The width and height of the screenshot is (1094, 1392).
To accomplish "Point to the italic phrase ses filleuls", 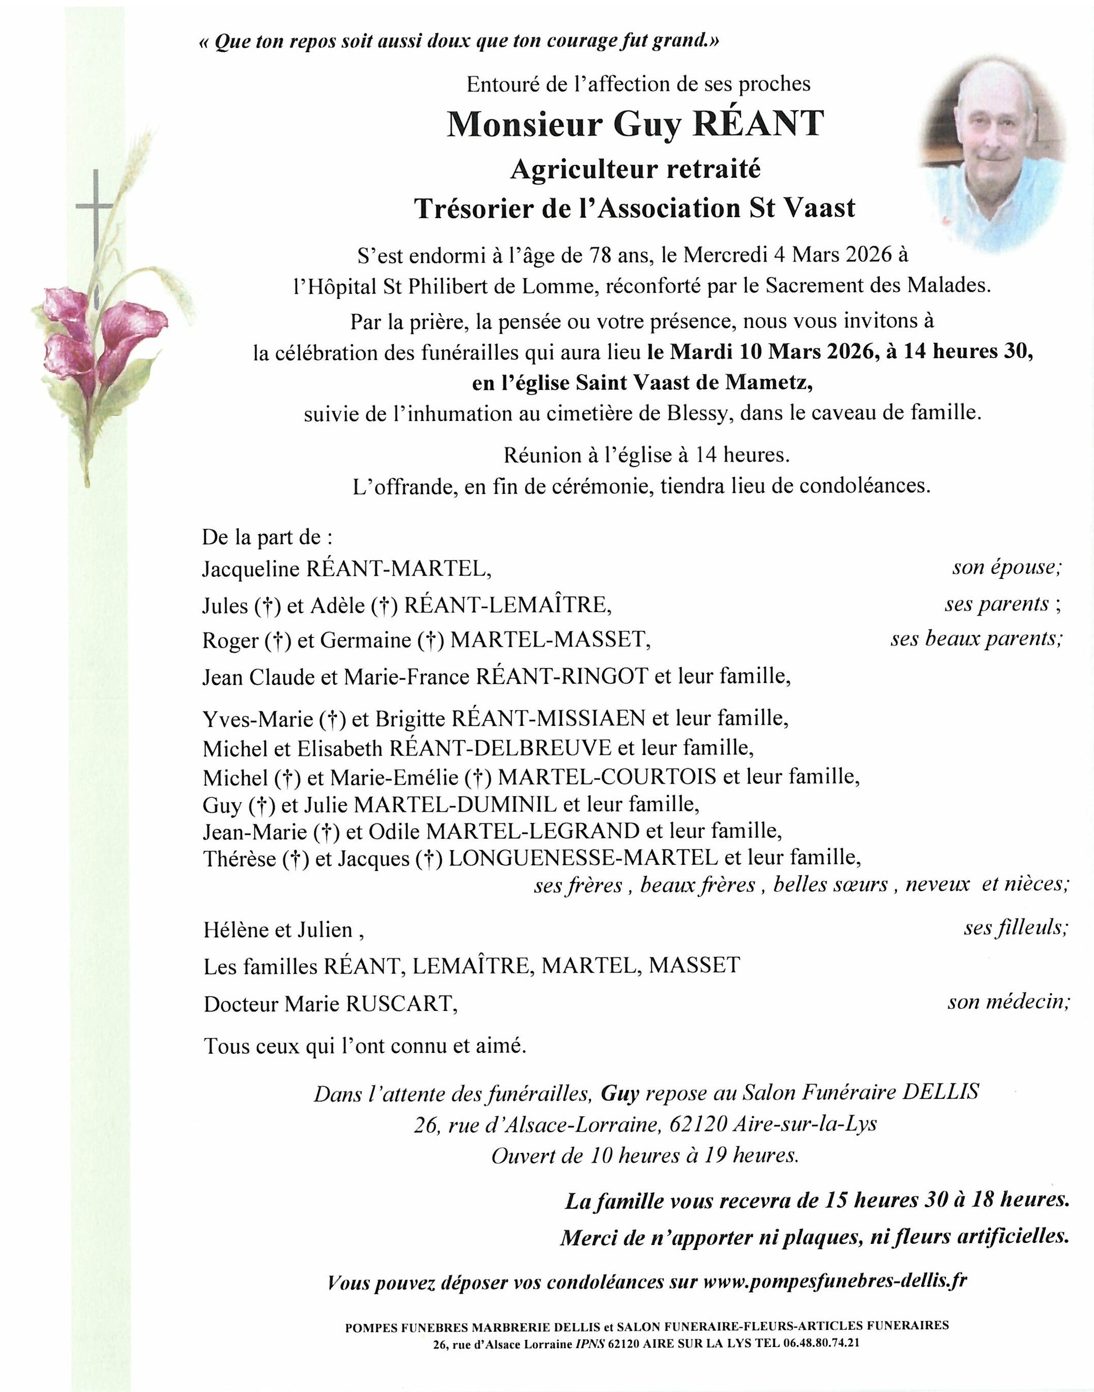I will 1016,928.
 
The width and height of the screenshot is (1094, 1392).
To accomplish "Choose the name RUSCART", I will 401,1003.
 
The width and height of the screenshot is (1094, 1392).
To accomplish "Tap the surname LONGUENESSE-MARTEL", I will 583,858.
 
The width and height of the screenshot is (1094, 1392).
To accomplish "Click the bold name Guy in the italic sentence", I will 620,1093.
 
